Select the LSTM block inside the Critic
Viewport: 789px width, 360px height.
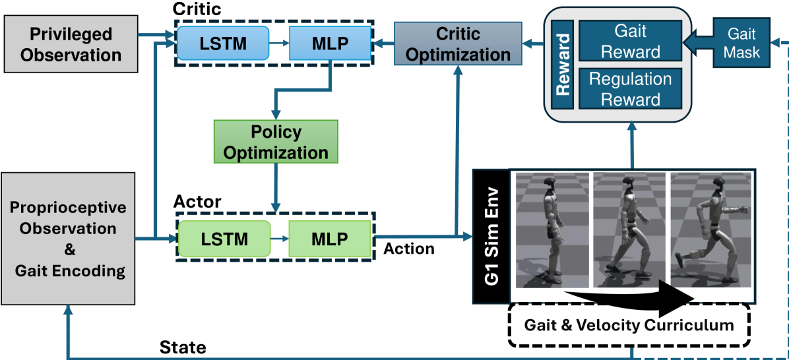click(224, 43)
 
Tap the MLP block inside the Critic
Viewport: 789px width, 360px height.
click(330, 43)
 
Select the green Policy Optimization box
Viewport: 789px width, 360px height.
click(276, 141)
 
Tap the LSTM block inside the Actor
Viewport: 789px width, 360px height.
click(224, 237)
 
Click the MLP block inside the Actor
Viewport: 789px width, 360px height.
click(329, 237)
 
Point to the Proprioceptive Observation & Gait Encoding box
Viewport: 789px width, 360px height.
click(68, 237)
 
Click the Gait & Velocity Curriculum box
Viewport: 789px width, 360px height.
click(629, 325)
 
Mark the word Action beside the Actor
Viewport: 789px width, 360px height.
click(409, 249)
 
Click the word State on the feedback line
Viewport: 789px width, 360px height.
click(183, 347)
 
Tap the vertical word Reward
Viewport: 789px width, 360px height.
click(563, 65)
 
